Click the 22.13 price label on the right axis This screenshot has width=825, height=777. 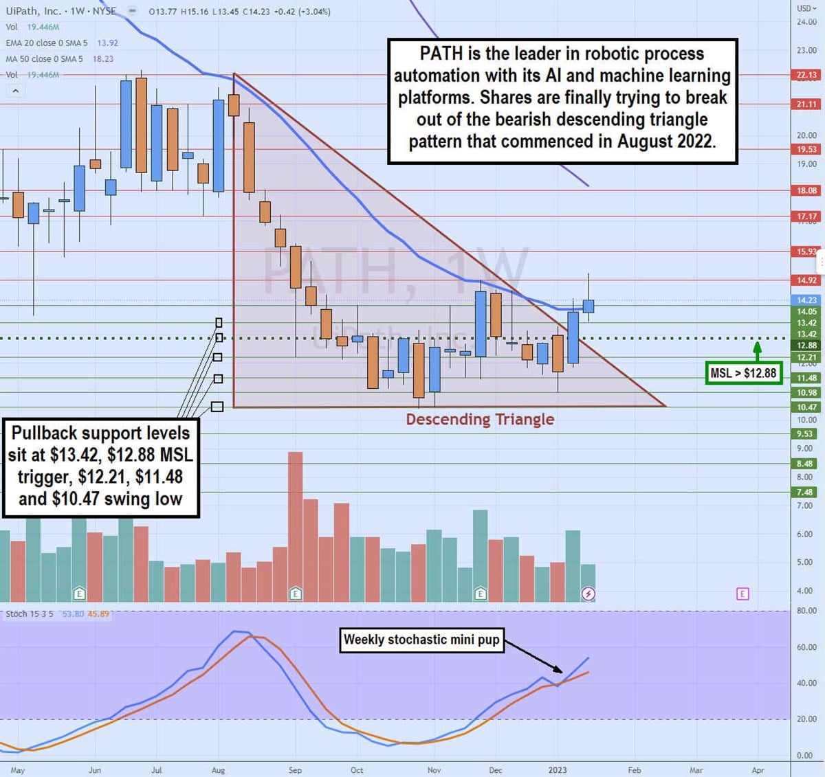806,75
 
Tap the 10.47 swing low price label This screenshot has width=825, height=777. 806,407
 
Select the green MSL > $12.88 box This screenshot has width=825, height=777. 743,373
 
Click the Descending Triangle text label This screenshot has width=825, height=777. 480,419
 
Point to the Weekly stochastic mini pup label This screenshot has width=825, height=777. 421,640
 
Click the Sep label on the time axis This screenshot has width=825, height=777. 295,770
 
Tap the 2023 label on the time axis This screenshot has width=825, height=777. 558,770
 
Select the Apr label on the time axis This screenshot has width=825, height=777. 758,770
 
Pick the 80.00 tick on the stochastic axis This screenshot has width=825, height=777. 806,610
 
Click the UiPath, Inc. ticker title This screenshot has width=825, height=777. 34,11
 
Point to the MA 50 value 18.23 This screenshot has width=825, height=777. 103,59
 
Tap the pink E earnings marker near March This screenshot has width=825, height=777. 742,594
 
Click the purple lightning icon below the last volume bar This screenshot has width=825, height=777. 588,594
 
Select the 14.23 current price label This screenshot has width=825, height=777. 806,300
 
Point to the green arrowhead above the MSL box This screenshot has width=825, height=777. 757,346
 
